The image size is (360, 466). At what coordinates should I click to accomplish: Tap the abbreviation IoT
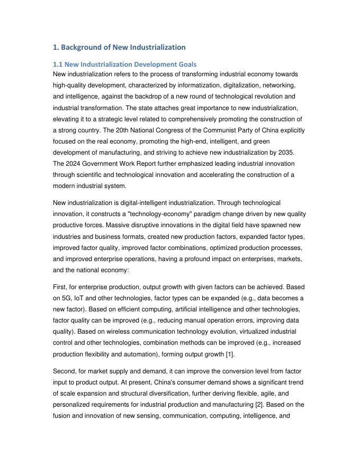coord(85,298)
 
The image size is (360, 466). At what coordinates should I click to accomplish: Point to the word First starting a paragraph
coord(61,287)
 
